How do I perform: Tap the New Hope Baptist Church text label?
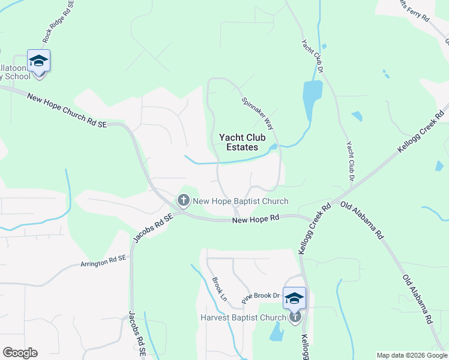pos(240,202)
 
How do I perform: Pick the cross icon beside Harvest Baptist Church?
pos(294,317)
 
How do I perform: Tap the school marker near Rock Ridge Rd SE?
pos(39,61)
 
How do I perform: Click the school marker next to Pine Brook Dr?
pos(294,298)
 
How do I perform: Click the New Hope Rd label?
pos(256,221)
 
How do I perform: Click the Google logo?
pos(20,353)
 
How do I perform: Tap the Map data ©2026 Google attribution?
pos(412,355)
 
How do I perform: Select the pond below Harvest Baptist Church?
pos(277,332)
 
